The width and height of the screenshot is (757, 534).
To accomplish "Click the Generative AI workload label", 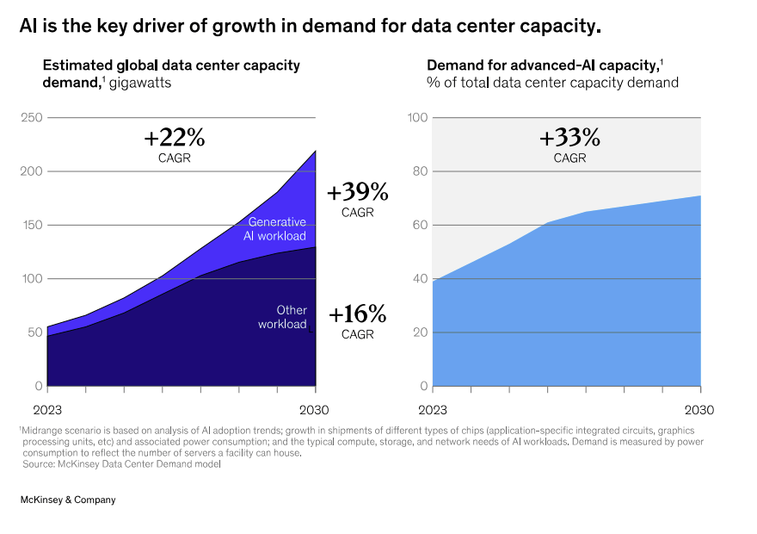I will coord(276,229).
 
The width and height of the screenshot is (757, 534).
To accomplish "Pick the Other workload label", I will coord(282,317).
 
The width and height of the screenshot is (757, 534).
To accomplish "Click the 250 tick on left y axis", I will coord(32,117).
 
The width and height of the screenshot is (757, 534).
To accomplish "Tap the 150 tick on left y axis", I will coord(32,225).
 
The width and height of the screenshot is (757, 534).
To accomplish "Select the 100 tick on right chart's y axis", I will coord(417,117).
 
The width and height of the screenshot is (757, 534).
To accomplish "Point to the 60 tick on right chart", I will coord(419,225).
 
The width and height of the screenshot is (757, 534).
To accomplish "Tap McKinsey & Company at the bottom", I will coord(68,500).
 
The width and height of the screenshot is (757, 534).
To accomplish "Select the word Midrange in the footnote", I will coord(41,430).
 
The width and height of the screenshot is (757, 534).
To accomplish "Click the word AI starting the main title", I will coord(28,27).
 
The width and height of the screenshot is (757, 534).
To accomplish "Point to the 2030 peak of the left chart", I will coord(316,151).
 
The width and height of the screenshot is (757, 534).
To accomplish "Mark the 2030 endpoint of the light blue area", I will coord(700,196).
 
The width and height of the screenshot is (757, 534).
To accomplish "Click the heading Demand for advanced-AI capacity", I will coord(542,65).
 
